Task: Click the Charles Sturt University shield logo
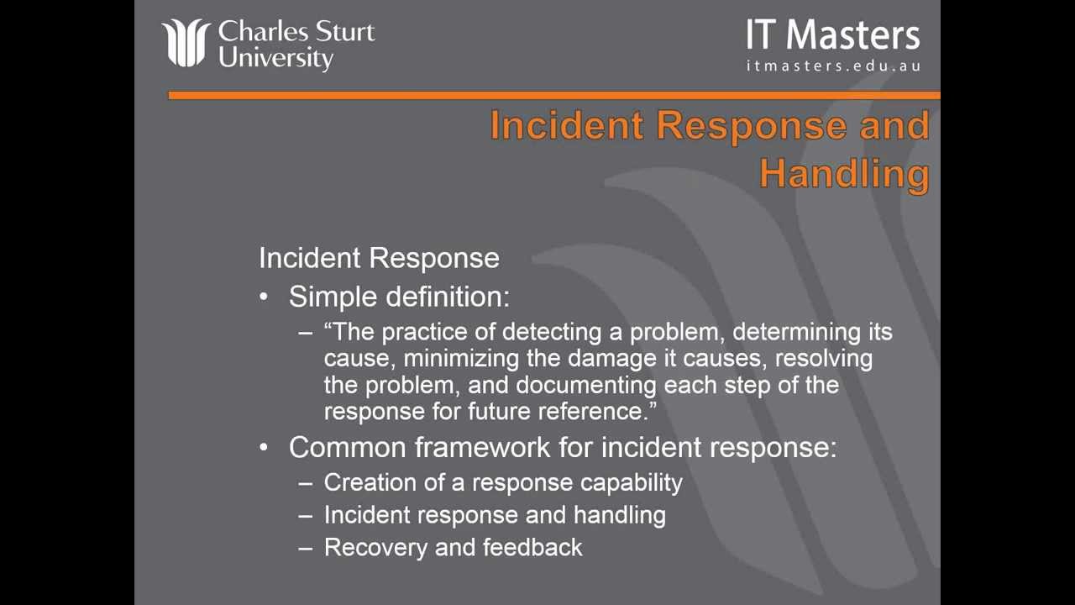coord(186,43)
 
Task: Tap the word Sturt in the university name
coord(344,32)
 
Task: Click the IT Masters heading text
coord(832,34)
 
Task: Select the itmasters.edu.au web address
coord(833,66)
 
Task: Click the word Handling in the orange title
coord(845,174)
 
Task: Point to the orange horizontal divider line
coord(553,95)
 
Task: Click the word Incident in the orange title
coord(566,125)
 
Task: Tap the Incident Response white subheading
coord(379,258)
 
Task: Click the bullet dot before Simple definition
coord(264,297)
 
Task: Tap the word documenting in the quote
coord(586,385)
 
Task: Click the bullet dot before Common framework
coord(264,447)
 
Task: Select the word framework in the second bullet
coord(482,447)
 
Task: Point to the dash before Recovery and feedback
coord(305,549)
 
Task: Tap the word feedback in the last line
coord(532,547)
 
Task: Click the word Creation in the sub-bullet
coord(370,482)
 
